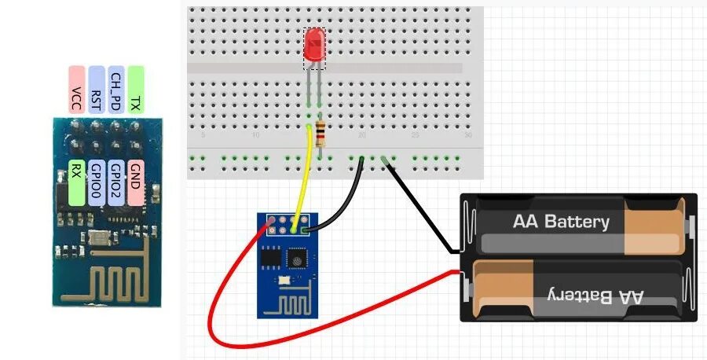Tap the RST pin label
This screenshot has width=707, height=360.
coord(97,90)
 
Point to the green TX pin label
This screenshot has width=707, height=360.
coord(136,90)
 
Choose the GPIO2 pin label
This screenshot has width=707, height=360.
coord(115,174)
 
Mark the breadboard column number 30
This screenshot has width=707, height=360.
coord(468,136)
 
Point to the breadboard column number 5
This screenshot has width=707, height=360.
coord(203,136)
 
